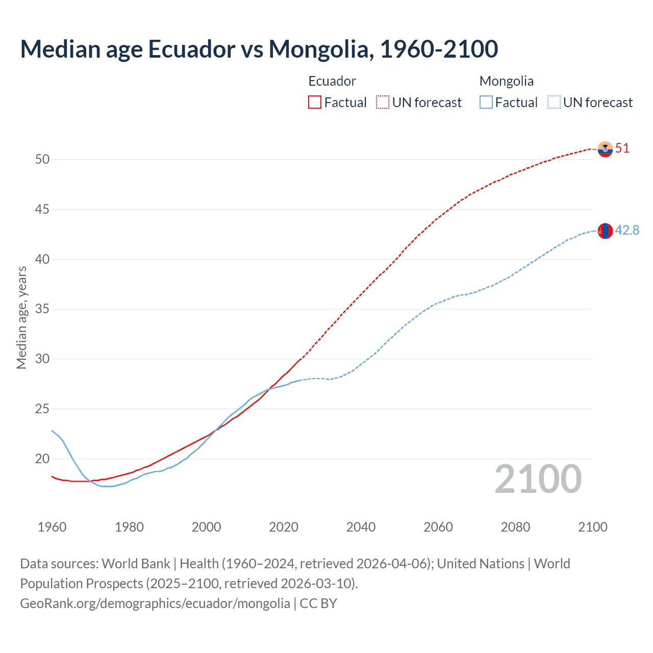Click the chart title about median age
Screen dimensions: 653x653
click(x=259, y=49)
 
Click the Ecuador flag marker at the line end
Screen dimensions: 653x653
click(x=605, y=149)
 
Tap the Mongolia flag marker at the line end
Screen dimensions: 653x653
click(x=605, y=231)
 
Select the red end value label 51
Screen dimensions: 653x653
click(x=622, y=148)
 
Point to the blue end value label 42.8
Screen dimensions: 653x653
click(x=627, y=231)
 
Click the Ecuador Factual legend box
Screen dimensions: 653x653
click(x=315, y=103)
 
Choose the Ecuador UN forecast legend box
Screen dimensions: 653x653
click(x=383, y=103)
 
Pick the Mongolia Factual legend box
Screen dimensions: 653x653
click(x=486, y=103)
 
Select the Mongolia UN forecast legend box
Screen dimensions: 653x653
click(x=554, y=103)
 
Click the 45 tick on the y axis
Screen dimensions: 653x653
click(x=42, y=209)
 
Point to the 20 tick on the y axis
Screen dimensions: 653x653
click(x=42, y=459)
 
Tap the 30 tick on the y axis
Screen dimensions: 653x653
click(x=42, y=359)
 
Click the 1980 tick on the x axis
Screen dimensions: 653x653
click(x=129, y=527)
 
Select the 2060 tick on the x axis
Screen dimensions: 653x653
click(x=438, y=527)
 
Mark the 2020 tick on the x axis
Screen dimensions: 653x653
click(x=284, y=527)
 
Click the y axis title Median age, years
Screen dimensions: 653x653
click(x=21, y=317)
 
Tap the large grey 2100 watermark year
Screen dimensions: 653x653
click(x=538, y=479)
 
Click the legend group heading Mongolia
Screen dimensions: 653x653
click(x=507, y=81)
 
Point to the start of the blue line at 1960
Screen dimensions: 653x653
click(x=52, y=431)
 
